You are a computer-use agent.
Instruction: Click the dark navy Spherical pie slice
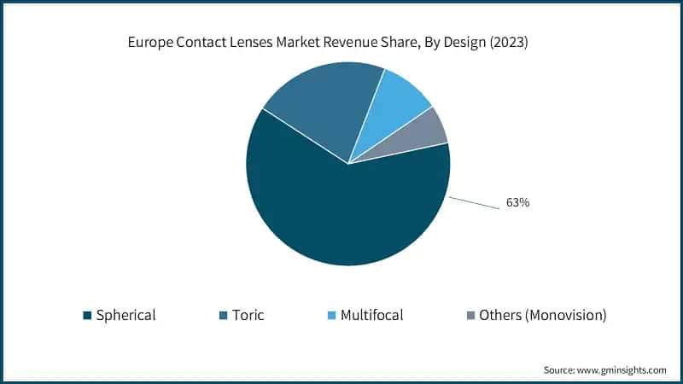[341, 213]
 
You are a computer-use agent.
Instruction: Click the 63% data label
[517, 203]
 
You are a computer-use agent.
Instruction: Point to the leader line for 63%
[474, 203]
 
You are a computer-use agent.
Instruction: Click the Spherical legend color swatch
[87, 316]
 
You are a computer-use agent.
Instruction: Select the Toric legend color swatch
[223, 316]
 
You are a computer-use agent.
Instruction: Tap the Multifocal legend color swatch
[331, 316]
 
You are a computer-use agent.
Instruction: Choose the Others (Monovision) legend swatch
[470, 316]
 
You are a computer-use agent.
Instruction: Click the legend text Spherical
[126, 316]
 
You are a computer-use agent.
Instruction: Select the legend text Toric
[248, 316]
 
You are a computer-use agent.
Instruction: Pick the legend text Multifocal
[371, 316]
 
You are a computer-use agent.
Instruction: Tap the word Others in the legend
[499, 316]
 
